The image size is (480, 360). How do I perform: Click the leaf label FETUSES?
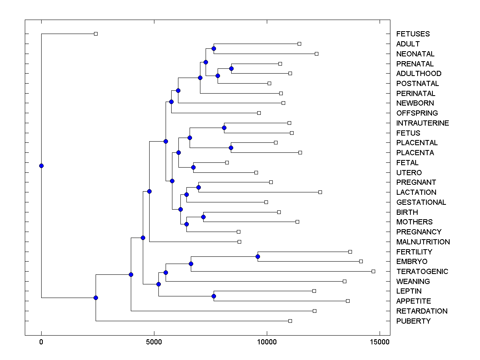coord(413,34)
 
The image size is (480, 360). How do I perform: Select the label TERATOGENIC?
coord(422,272)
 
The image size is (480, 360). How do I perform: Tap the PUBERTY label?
coord(413,321)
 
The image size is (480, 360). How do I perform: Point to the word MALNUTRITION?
coord(423,242)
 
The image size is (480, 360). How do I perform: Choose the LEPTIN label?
coord(409,291)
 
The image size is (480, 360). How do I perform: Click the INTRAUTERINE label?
coord(422,123)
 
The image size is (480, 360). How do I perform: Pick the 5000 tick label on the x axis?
coord(154,342)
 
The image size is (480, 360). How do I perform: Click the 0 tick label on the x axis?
coord(41,342)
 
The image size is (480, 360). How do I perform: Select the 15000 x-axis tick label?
coord(379,342)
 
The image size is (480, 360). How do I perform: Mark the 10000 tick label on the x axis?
coord(266,342)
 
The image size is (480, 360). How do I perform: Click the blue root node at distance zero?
coord(41,166)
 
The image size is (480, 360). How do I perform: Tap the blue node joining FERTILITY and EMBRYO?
coord(258,256)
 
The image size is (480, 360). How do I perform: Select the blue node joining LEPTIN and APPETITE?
coord(214,296)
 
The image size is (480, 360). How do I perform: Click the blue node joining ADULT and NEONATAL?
coord(214,48)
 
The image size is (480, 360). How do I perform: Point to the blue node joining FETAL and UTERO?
coord(193,167)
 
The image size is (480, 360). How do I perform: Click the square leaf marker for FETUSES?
coord(96,34)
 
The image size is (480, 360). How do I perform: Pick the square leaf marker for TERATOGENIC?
coord(373,271)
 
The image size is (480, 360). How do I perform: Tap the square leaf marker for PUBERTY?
coord(290,321)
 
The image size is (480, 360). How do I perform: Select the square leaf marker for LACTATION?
coord(320,192)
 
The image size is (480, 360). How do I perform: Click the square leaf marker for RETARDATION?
coord(314,311)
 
